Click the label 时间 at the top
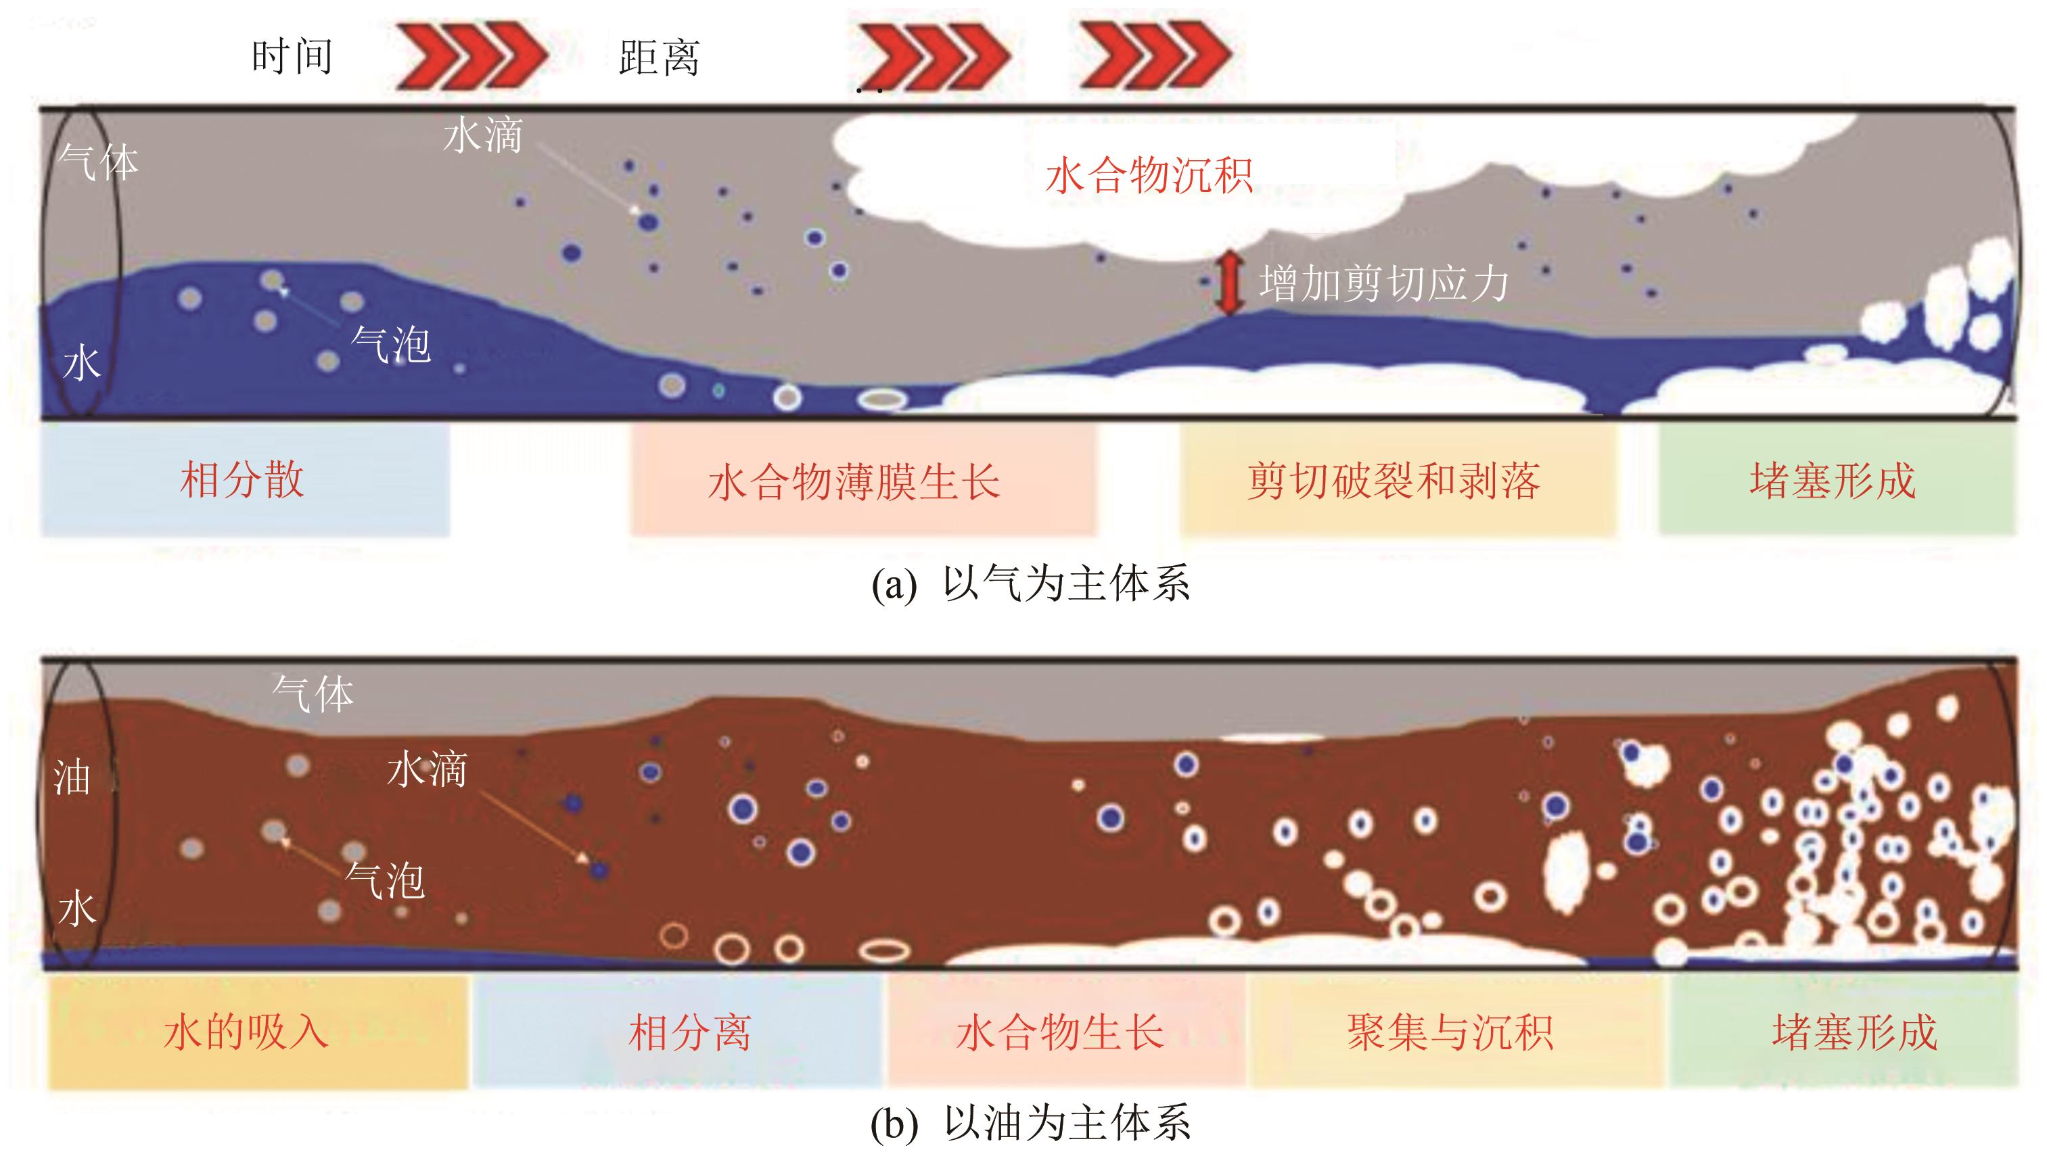pos(292,57)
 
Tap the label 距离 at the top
pos(659,58)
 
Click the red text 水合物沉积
pos(1149,176)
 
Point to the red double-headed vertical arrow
pos(1229,282)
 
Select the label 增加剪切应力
pos(1383,283)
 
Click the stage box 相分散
pos(245,481)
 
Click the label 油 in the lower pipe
pos(72,777)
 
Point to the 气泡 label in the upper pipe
pos(391,345)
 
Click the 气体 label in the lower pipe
pos(313,694)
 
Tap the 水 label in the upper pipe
pos(82,364)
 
